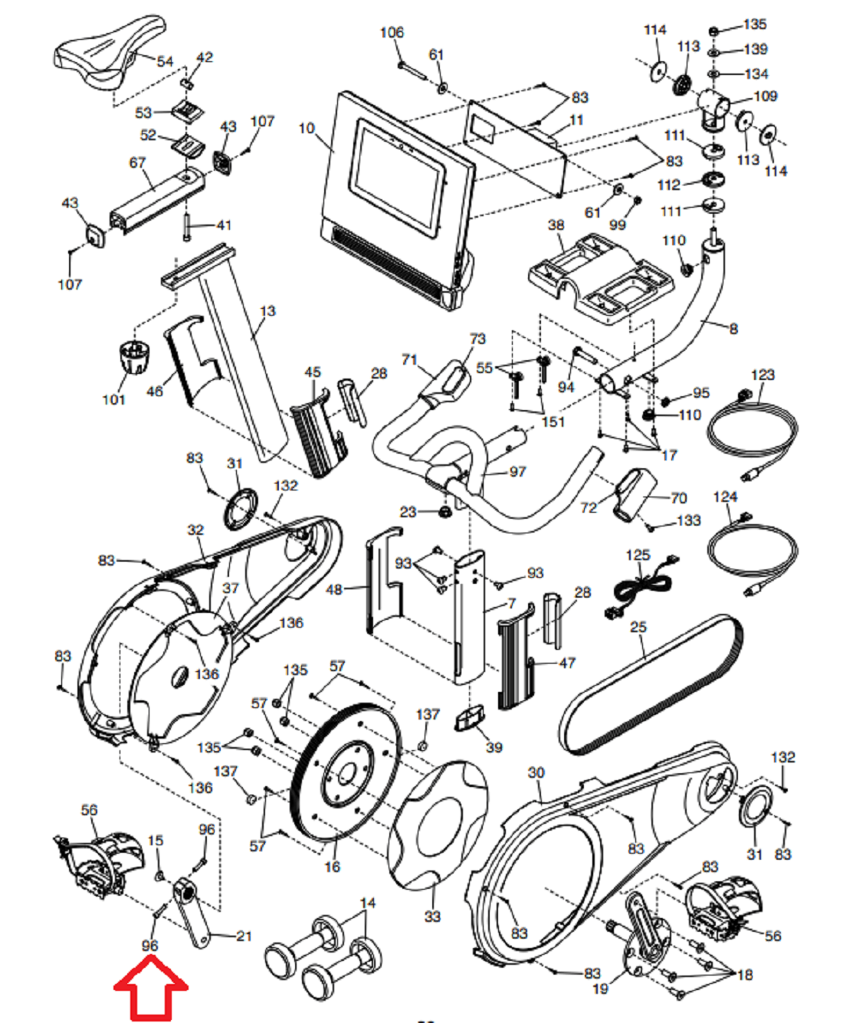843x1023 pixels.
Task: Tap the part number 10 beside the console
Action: click(307, 128)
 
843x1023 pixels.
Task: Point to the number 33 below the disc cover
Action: click(432, 916)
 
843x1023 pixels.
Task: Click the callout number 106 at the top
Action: click(392, 32)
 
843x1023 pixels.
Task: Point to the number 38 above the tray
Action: click(556, 225)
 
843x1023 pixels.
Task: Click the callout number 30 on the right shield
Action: click(536, 772)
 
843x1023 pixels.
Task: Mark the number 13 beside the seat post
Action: click(267, 311)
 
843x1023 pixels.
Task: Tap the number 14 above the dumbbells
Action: click(368, 903)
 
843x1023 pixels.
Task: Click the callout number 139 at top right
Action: click(756, 49)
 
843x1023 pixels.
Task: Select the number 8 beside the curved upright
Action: click(733, 329)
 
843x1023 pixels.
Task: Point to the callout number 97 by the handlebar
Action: click(517, 471)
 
